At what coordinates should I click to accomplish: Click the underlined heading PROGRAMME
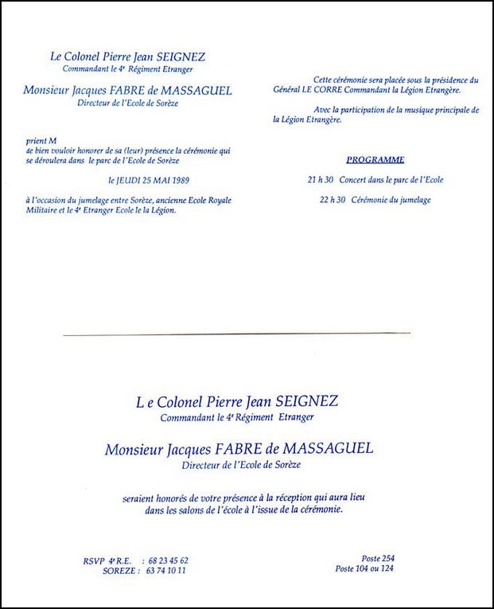tap(375, 159)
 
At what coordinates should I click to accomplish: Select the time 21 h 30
tap(321, 180)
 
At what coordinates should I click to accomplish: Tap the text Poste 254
tap(376, 558)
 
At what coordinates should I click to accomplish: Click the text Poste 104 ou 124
tap(365, 568)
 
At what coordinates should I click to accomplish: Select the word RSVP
tap(94, 560)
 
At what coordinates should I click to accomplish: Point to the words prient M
tap(41, 140)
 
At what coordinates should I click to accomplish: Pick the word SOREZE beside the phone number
tap(118, 570)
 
